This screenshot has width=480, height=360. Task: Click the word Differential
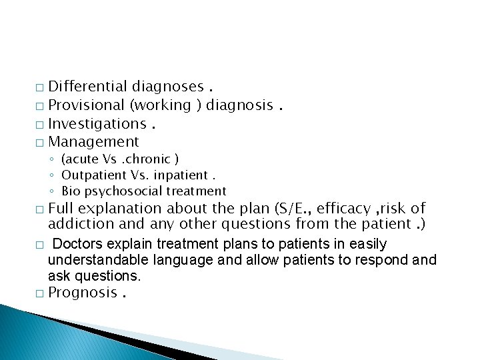pos(88,87)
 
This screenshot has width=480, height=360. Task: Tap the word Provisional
pos(87,105)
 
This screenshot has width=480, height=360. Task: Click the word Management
pos(94,142)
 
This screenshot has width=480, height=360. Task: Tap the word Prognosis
pos(83,293)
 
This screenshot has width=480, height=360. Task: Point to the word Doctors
pos(76,245)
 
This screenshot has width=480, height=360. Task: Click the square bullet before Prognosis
pos(42,294)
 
